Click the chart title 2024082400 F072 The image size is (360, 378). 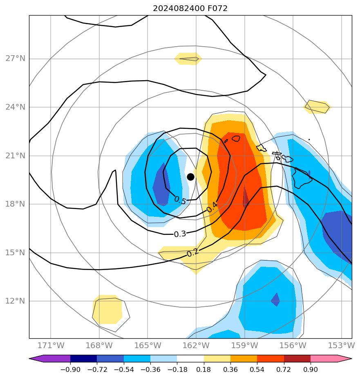[190, 9]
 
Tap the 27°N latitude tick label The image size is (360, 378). [15, 59]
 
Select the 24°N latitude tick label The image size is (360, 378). [15, 107]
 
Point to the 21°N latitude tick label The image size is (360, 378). [15, 156]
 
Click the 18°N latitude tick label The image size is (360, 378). [15, 204]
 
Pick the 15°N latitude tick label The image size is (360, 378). [15, 253]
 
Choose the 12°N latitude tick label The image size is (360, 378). [15, 301]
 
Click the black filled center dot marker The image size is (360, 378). [190, 177]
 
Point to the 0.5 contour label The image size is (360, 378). [180, 200]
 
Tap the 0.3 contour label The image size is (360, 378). [180, 234]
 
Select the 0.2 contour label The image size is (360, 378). [193, 253]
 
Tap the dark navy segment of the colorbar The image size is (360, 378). [83, 359]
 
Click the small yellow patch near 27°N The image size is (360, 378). [188, 59]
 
